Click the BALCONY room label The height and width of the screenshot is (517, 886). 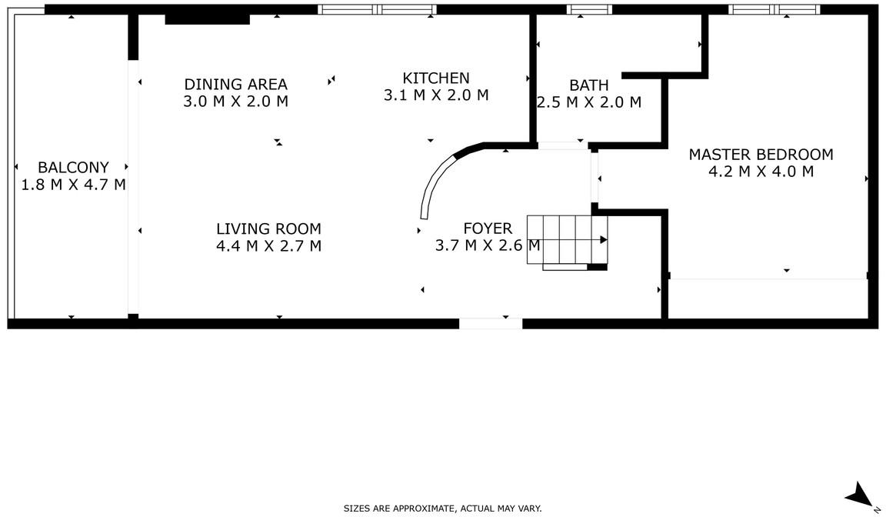click(74, 167)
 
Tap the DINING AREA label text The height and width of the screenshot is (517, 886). click(235, 84)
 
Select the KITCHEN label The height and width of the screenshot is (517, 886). click(435, 78)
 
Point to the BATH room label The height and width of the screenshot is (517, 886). click(589, 85)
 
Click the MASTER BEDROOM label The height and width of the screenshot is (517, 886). click(761, 154)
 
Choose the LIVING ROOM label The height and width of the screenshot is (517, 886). click(268, 228)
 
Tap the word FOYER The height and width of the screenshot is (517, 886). click(488, 228)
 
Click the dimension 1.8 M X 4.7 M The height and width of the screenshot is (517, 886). click(74, 185)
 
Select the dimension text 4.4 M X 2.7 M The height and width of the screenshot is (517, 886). click(268, 245)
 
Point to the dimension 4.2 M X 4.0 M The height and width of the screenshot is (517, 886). click(761, 172)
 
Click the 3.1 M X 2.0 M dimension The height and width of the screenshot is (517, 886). click(435, 95)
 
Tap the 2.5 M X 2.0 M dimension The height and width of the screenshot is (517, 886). click(589, 102)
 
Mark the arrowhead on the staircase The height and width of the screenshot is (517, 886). click(604, 239)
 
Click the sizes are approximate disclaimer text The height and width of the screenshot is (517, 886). click(442, 509)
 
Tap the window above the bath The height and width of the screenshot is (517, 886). click(589, 9)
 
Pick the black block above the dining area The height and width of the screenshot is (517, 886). click(208, 19)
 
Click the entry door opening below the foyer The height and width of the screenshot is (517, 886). click(491, 324)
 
